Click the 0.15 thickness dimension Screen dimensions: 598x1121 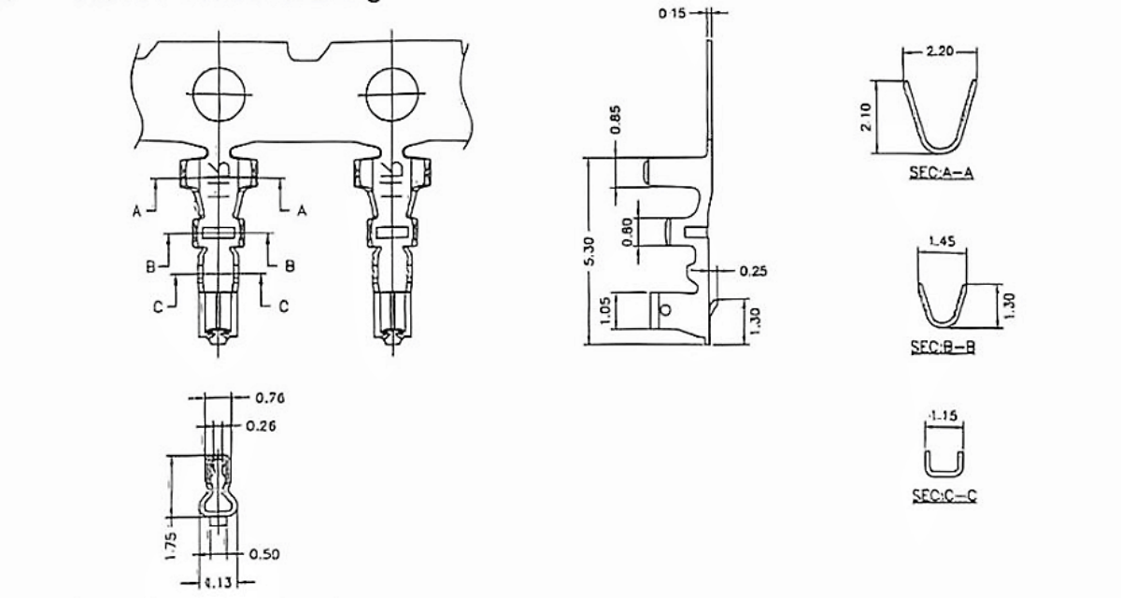672,13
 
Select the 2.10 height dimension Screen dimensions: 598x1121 870,117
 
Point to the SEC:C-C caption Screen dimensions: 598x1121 943,496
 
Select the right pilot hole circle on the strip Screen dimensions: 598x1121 392,94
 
